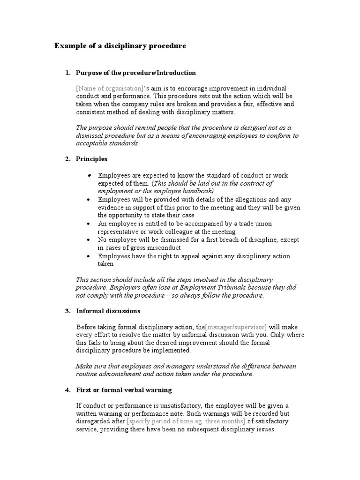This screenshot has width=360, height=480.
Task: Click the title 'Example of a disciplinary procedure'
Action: click(120, 46)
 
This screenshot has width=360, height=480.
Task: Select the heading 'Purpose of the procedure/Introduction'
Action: click(135, 73)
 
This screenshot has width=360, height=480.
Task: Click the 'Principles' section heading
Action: click(91, 159)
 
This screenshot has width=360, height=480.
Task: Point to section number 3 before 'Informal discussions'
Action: click(67, 311)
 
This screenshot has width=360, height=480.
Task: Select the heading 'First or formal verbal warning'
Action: click(124, 390)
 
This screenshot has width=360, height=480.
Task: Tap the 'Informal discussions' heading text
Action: click(108, 311)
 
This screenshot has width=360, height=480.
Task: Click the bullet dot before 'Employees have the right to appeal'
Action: click(89, 256)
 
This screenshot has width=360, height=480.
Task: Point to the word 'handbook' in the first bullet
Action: click(198, 191)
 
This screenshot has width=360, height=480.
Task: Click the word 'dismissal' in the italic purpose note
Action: click(91, 135)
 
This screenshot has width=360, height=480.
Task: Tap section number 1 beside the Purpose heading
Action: click(67, 73)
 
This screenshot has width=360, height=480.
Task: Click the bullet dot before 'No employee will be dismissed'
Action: click(89, 240)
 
